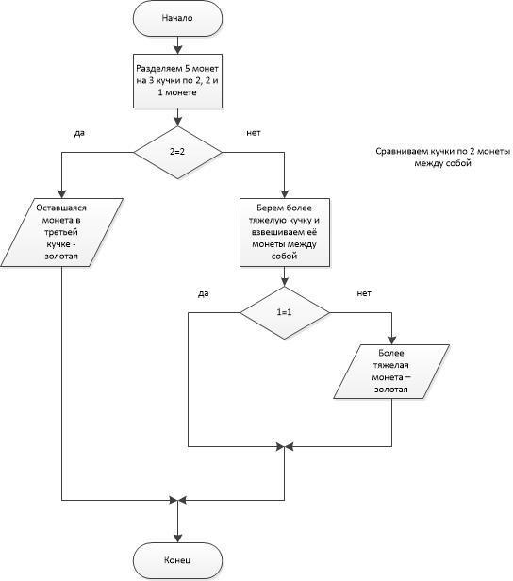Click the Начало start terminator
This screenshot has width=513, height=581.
pyautogui.click(x=177, y=18)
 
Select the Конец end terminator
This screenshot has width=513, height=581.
pyautogui.click(x=177, y=560)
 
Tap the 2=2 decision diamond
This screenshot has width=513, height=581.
pyautogui.click(x=177, y=152)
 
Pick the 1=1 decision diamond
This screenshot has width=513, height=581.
pyautogui.click(x=285, y=313)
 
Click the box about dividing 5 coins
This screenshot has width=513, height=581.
pyautogui.click(x=177, y=81)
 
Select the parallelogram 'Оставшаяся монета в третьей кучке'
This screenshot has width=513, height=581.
pyautogui.click(x=61, y=232)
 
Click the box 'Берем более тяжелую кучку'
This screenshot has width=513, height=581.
pyautogui.click(x=285, y=232)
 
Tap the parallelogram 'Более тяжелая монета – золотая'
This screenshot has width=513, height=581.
pyautogui.click(x=391, y=372)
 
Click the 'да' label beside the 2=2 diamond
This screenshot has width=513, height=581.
pyautogui.click(x=79, y=133)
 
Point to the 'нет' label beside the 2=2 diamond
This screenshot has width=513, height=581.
pyautogui.click(x=254, y=133)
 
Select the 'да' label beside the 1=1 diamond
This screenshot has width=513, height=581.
pyautogui.click(x=204, y=294)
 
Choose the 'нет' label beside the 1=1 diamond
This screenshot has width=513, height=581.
pyautogui.click(x=364, y=293)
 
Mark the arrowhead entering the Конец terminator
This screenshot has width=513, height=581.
pyautogui.click(x=178, y=539)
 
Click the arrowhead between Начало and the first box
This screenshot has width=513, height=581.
pyautogui.click(x=178, y=50)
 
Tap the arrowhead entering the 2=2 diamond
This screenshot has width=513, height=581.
pyautogui.click(x=178, y=122)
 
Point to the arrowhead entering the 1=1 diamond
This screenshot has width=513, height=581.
pyautogui.click(x=285, y=282)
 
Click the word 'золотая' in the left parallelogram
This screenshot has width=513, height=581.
pyautogui.click(x=61, y=257)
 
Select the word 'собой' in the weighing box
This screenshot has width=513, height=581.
pyautogui.click(x=285, y=257)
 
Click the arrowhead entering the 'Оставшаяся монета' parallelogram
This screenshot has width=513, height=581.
pyautogui.click(x=62, y=194)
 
